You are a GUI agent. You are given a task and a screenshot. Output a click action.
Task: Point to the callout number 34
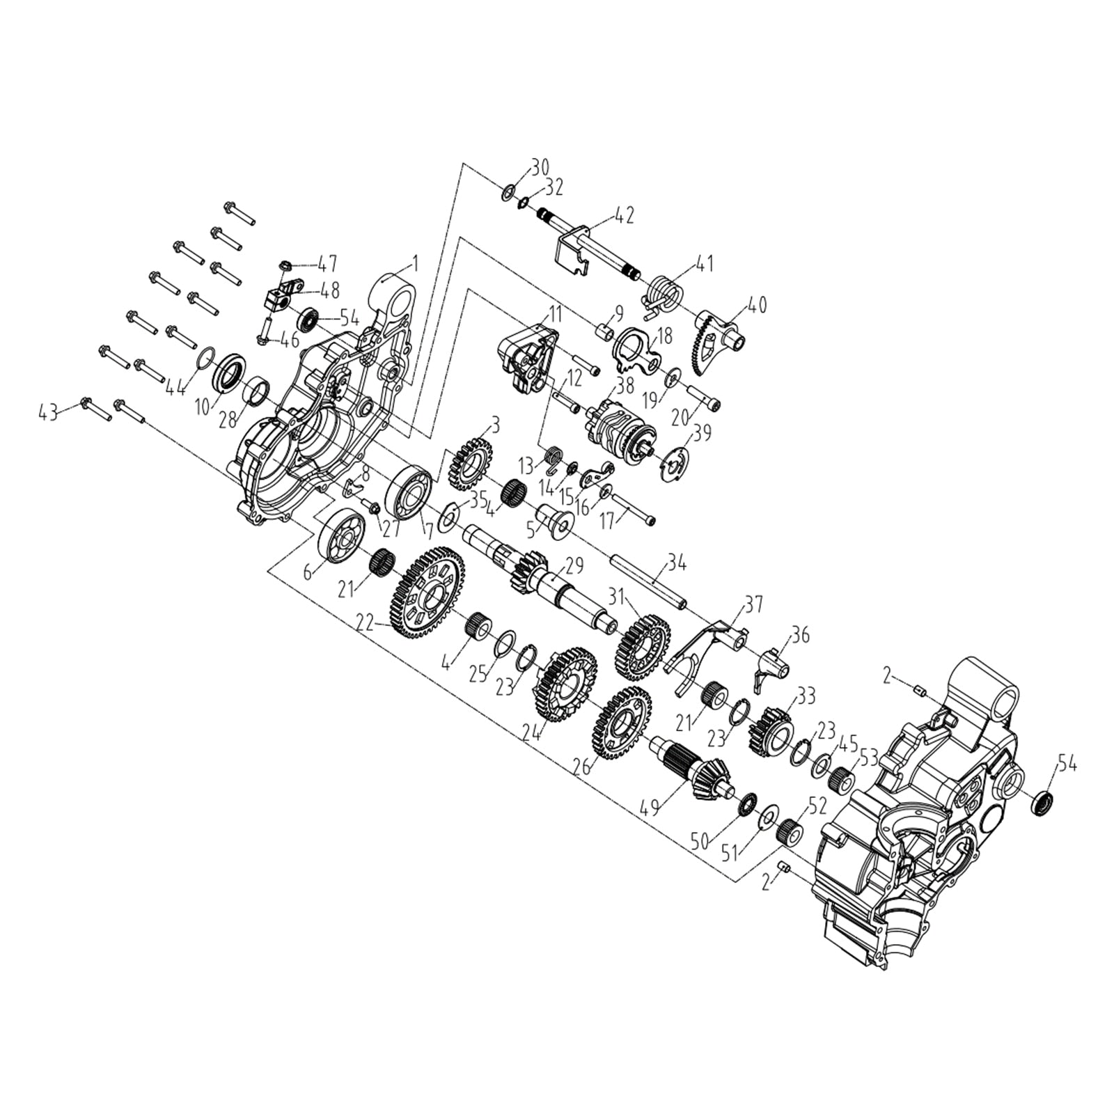click(x=676, y=562)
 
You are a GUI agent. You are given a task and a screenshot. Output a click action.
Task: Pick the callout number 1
click(x=415, y=264)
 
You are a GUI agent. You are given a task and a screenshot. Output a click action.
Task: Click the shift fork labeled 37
click(x=707, y=644)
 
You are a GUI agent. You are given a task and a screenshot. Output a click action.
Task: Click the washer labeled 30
click(x=508, y=191)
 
